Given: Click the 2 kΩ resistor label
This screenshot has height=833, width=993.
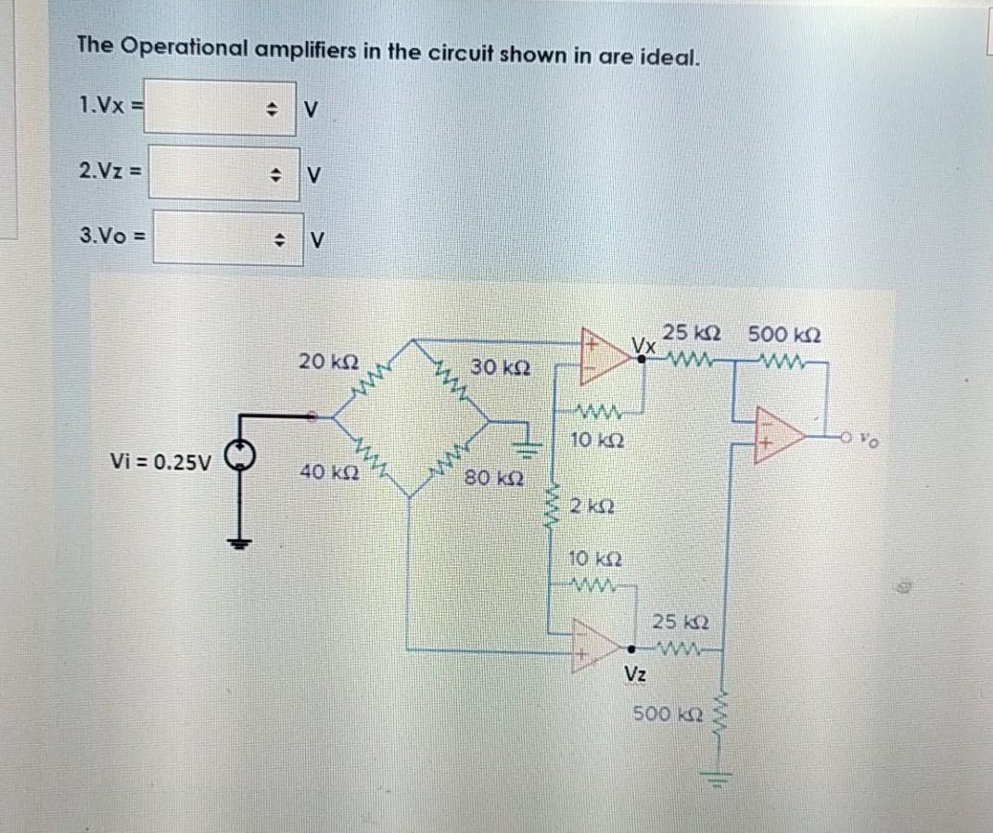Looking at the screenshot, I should click(589, 506).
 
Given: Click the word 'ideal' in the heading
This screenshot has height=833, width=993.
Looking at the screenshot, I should click(665, 57).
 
